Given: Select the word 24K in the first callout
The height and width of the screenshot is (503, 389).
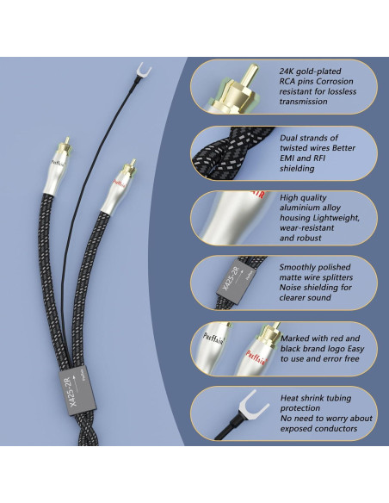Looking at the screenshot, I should point(290,71).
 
